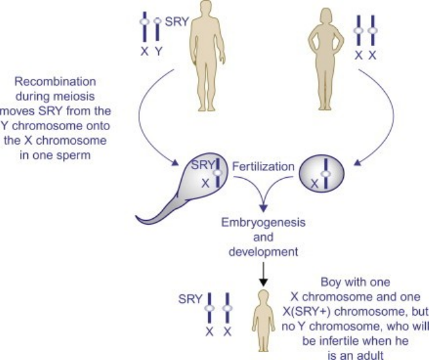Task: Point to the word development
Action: [x=262, y=251]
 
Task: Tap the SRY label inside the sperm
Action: [x=203, y=166]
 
